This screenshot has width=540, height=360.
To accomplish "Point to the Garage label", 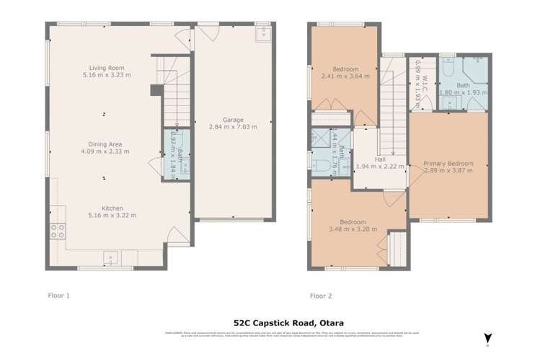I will tap(233, 120).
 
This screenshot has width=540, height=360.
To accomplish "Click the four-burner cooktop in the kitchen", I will tap(56, 231).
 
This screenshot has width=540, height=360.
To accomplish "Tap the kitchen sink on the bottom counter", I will tap(110, 256).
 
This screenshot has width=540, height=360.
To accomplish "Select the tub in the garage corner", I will tap(262, 32).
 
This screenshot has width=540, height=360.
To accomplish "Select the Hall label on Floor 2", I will tap(379, 159).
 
